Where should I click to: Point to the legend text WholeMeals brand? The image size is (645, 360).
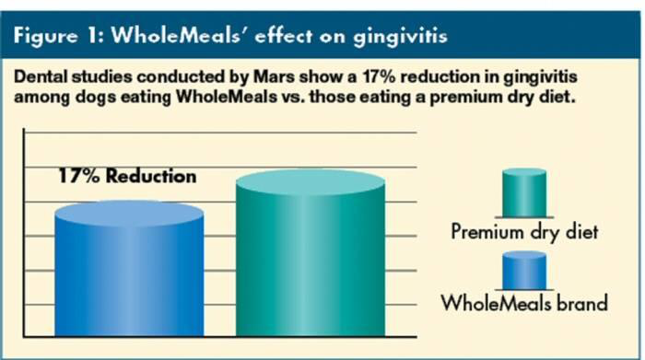[x=524, y=303]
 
